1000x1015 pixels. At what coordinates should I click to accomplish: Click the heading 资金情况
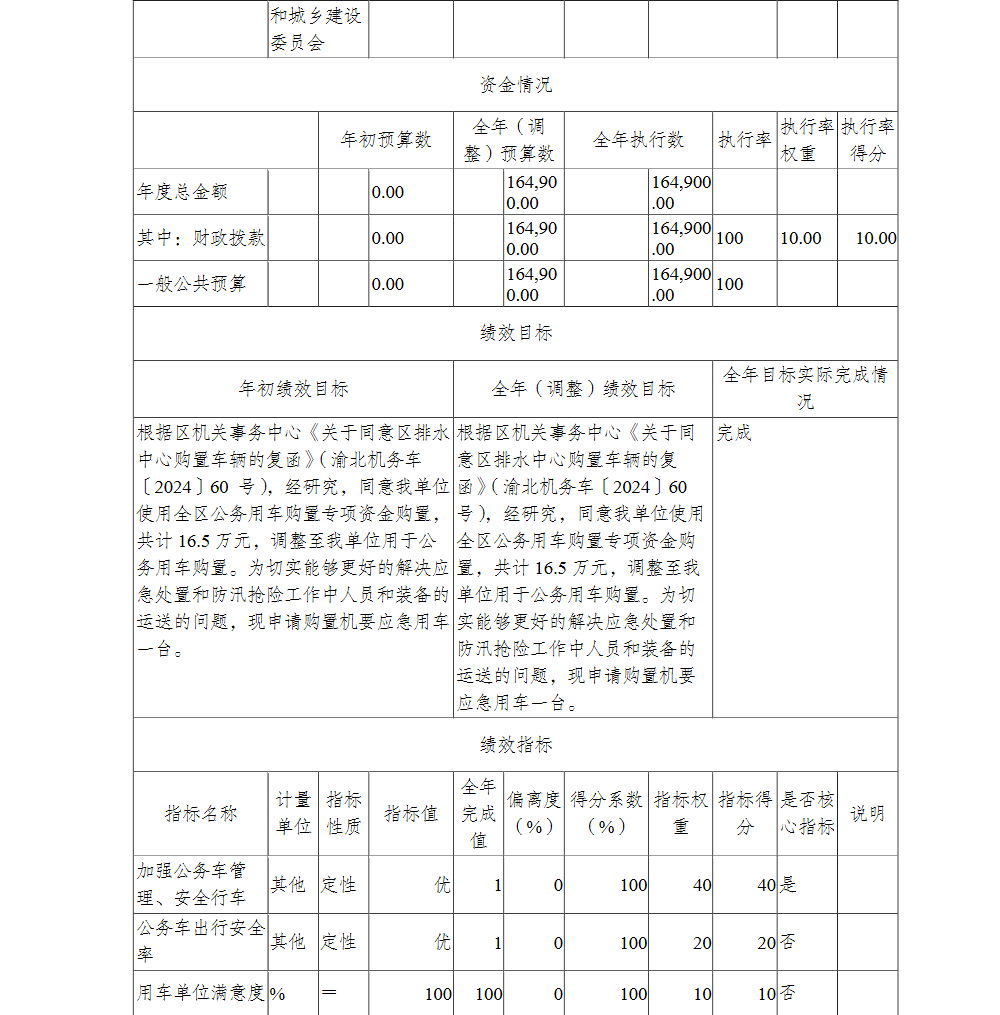515,85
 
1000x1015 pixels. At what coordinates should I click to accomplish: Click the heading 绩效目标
515,333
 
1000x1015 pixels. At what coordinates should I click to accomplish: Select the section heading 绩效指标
515,745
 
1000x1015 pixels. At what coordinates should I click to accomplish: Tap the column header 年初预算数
386,140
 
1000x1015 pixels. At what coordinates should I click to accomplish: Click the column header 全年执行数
638,140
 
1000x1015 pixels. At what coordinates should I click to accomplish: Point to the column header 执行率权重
807,140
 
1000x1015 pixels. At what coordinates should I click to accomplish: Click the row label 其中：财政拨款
201,238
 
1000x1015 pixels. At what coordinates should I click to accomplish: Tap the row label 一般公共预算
191,284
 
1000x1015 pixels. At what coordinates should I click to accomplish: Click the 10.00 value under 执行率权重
801,238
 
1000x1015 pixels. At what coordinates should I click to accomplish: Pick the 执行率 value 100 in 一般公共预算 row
730,284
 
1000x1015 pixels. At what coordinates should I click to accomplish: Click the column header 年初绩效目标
293,389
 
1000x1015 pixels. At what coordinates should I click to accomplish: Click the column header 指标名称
201,813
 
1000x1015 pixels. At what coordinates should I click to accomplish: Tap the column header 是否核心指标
807,813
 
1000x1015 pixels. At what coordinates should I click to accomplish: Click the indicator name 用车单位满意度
201,993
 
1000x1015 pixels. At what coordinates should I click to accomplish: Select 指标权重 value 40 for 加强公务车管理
701,885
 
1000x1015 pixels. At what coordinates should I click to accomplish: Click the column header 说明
867,813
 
